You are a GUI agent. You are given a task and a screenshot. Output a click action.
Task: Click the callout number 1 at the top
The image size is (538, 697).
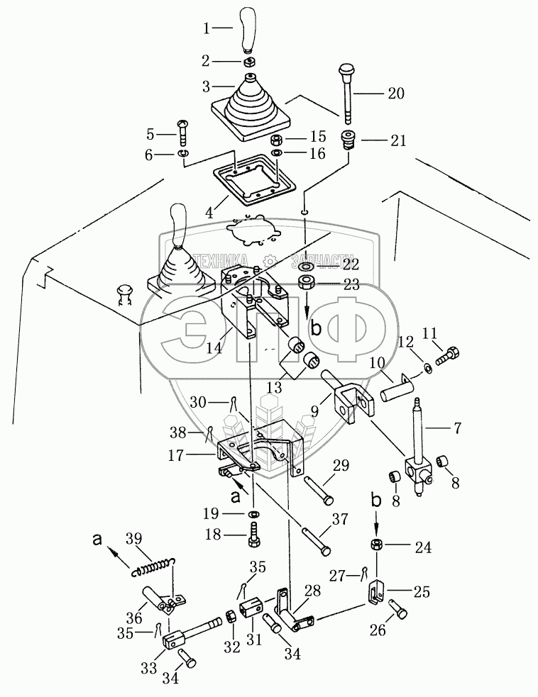pyautogui.click(x=207, y=29)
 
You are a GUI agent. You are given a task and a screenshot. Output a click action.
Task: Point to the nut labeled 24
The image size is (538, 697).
pyautogui.click(x=377, y=545)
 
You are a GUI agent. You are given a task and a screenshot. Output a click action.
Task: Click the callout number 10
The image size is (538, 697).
pyautogui.click(x=377, y=362)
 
